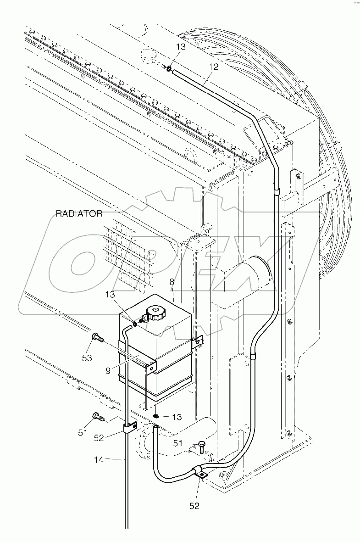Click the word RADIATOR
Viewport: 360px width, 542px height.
pyautogui.click(x=78, y=213)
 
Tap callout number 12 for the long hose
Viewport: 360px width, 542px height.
pyautogui.click(x=213, y=67)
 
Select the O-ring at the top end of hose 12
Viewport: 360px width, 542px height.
pyautogui.click(x=169, y=69)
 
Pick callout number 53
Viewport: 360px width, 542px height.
pyautogui.click(x=87, y=358)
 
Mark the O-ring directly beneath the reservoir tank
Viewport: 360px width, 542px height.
pyautogui.click(x=156, y=416)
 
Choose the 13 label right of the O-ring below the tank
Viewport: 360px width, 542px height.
pyautogui.click(x=177, y=417)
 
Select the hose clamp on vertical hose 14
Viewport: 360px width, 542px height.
pyautogui.click(x=128, y=427)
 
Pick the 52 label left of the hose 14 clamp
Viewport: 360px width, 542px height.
pyautogui.click(x=100, y=438)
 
